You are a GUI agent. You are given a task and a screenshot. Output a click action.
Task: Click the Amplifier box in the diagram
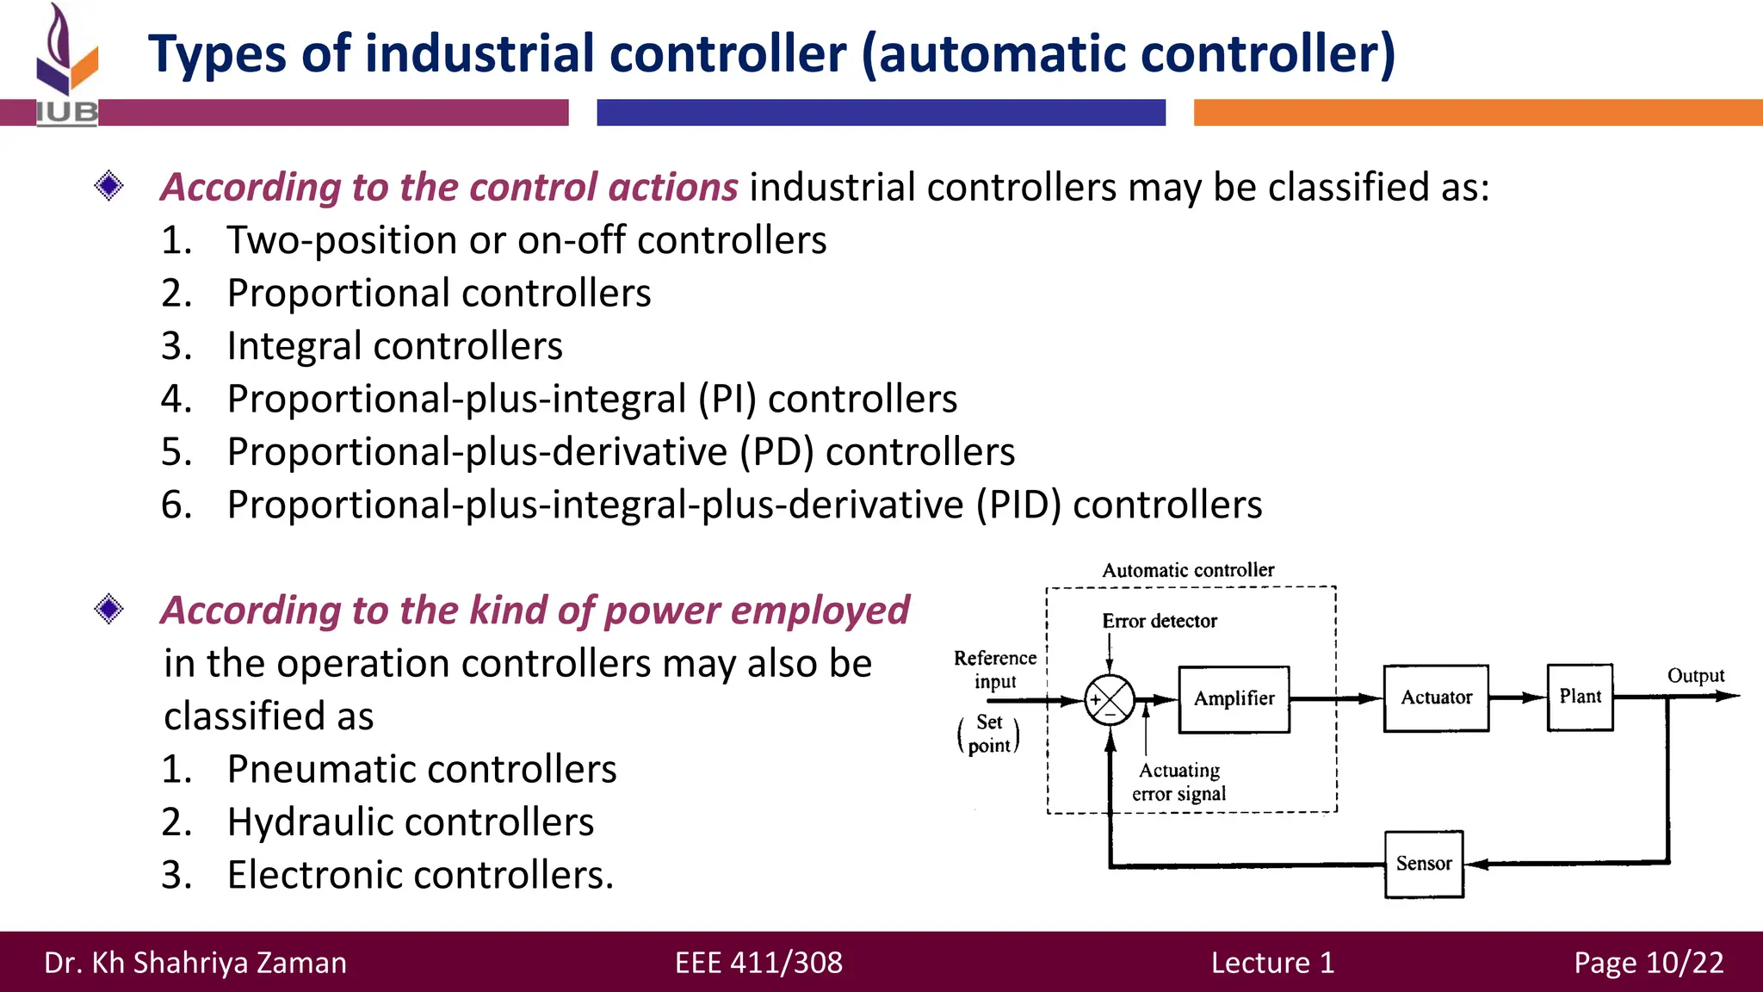pyautogui.click(x=1234, y=698)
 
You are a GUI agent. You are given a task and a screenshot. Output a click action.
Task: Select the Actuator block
pyautogui.click(x=1436, y=697)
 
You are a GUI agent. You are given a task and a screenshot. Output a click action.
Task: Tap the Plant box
pyautogui.click(x=1580, y=697)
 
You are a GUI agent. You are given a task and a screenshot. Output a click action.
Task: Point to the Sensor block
pyautogui.click(x=1424, y=864)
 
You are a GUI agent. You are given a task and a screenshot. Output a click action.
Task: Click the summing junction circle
pyautogui.click(x=1109, y=699)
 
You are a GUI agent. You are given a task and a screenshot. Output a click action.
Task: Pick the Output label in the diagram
pyautogui.click(x=1695, y=676)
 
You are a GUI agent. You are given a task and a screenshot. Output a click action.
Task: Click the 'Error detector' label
pyautogui.click(x=1159, y=621)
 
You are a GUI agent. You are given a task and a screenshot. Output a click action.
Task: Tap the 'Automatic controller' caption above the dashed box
pyautogui.click(x=1187, y=570)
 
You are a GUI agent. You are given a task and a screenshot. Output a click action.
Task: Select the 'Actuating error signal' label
pyautogui.click(x=1178, y=782)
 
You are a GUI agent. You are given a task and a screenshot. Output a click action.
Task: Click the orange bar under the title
pyautogui.click(x=1477, y=113)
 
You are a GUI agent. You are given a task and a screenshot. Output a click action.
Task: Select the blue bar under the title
pyautogui.click(x=881, y=113)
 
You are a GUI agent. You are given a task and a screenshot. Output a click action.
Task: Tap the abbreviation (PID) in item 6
pyautogui.click(x=1018, y=505)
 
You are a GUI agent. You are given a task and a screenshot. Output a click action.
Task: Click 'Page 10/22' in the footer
pyautogui.click(x=1649, y=963)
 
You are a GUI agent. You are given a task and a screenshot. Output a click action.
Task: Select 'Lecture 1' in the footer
pyautogui.click(x=1272, y=963)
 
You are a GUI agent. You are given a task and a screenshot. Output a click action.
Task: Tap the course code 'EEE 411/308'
pyautogui.click(x=758, y=963)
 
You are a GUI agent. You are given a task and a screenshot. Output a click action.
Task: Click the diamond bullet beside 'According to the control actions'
pyautogui.click(x=109, y=186)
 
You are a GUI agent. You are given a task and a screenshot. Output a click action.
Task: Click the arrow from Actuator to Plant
pyautogui.click(x=1518, y=697)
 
